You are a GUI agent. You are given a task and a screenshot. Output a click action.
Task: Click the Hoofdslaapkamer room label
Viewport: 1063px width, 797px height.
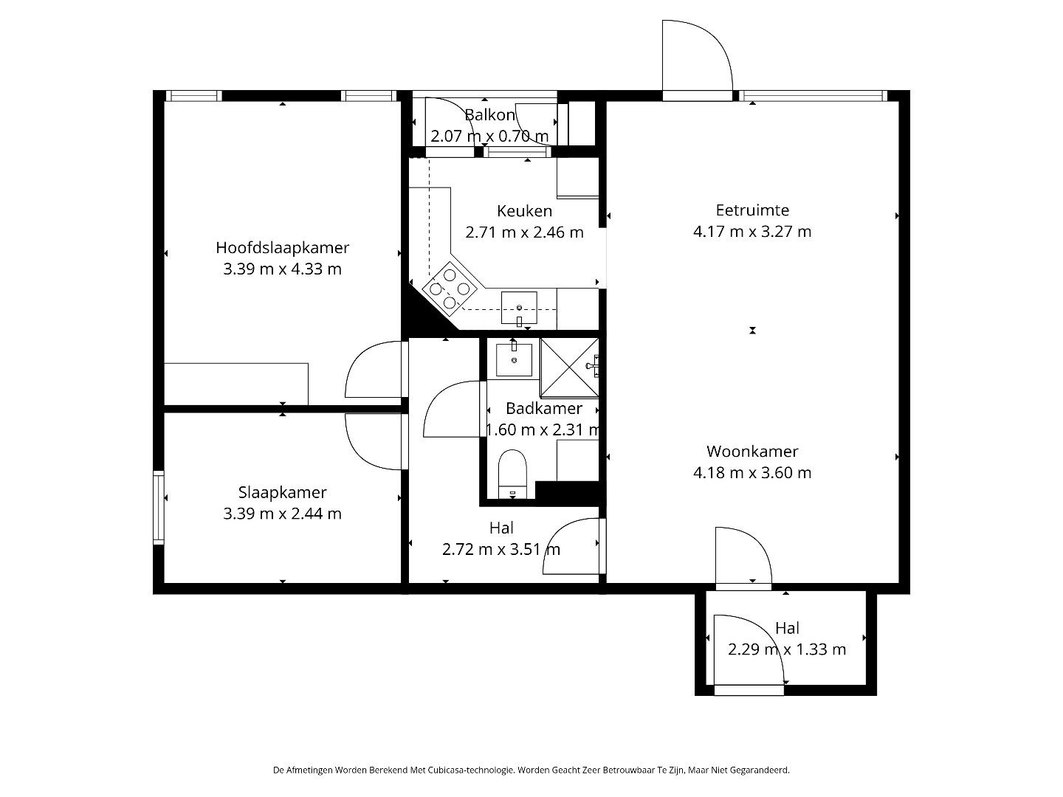[282, 248]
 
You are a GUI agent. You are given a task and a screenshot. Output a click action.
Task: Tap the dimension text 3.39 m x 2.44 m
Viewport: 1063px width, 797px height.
[282, 514]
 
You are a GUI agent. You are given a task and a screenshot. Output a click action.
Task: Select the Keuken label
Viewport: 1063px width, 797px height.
[524, 211]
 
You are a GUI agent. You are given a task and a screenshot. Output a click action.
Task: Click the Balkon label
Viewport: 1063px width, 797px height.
[489, 115]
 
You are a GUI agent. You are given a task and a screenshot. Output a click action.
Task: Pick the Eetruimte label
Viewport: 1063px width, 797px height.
[752, 210]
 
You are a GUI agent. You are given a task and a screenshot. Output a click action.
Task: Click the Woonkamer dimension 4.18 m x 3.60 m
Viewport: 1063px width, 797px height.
[752, 473]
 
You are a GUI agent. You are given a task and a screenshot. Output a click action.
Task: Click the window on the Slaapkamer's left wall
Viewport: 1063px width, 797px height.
[158, 508]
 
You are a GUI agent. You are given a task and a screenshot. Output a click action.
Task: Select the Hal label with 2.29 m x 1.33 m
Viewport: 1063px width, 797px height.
[787, 629]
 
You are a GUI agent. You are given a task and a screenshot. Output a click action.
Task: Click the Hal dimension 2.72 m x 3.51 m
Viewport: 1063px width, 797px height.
[501, 550]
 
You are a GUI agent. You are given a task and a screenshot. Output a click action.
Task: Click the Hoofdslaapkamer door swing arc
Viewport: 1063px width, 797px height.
[373, 369]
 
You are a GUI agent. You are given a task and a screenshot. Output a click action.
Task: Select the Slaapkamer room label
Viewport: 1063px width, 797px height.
[282, 492]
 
